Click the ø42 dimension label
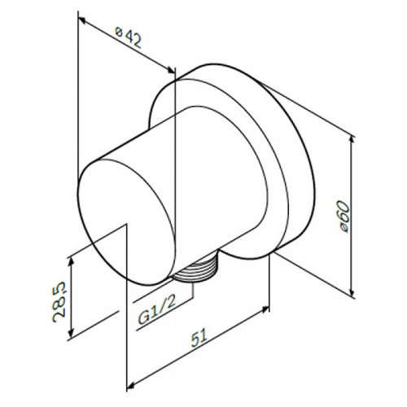pos(128,37)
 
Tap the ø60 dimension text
pos(343,217)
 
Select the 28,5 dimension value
pos(59,302)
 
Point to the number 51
pos(199,338)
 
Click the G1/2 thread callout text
pos(157,309)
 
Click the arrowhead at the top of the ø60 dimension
pos(352,141)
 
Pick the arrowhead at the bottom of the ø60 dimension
pos(352,291)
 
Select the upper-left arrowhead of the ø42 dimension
pos(82,20)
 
